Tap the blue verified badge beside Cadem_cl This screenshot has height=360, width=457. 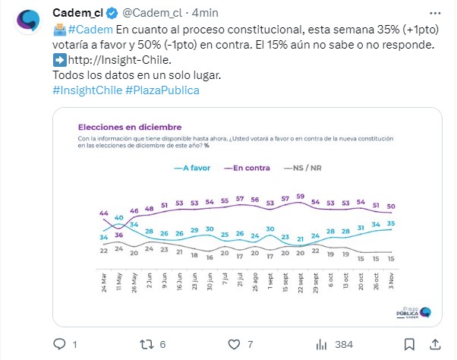point(109,13)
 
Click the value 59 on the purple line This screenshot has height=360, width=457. point(300,197)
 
